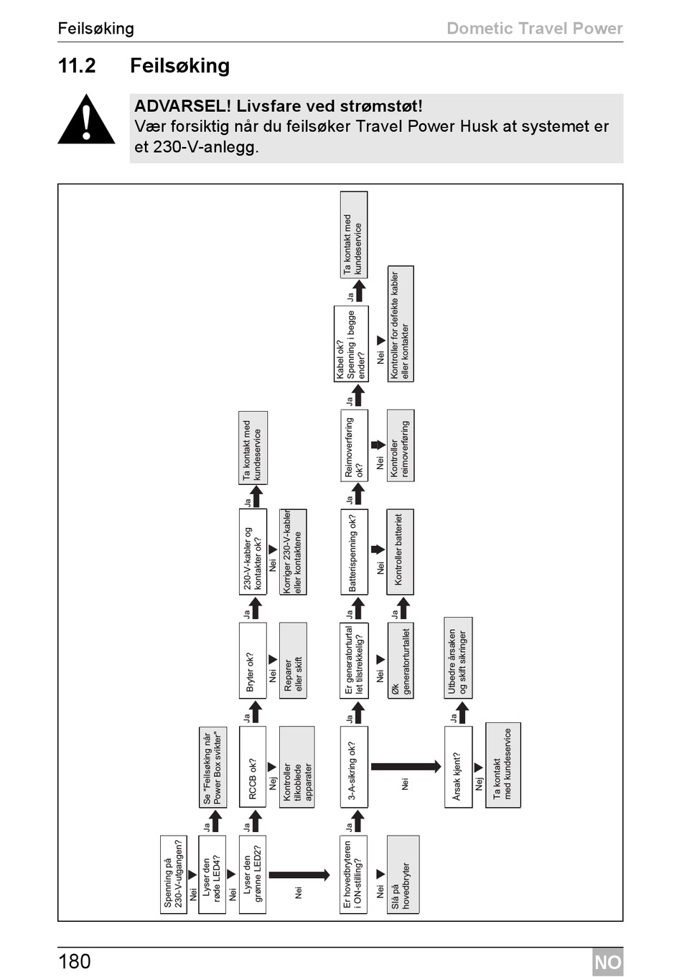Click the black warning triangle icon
tap(86, 121)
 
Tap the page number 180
tap(75, 961)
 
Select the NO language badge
tap(607, 962)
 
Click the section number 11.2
tap(77, 66)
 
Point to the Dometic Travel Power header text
tap(534, 29)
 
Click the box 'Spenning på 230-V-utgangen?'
tap(174, 874)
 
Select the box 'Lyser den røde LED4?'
tap(212, 874)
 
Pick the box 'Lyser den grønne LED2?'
tap(252, 874)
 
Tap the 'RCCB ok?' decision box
tap(252, 767)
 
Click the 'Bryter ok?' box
tap(252, 660)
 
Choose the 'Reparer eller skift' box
tap(293, 660)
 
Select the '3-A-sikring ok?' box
tap(354, 767)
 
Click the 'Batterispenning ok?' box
tap(354, 552)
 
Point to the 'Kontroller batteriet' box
tap(400, 552)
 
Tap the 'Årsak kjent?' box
tap(458, 767)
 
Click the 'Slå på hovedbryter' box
tap(402, 874)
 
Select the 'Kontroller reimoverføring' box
tap(400, 445)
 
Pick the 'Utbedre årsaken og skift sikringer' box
tap(458, 657)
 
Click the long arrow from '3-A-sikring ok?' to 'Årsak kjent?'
tap(406, 766)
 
